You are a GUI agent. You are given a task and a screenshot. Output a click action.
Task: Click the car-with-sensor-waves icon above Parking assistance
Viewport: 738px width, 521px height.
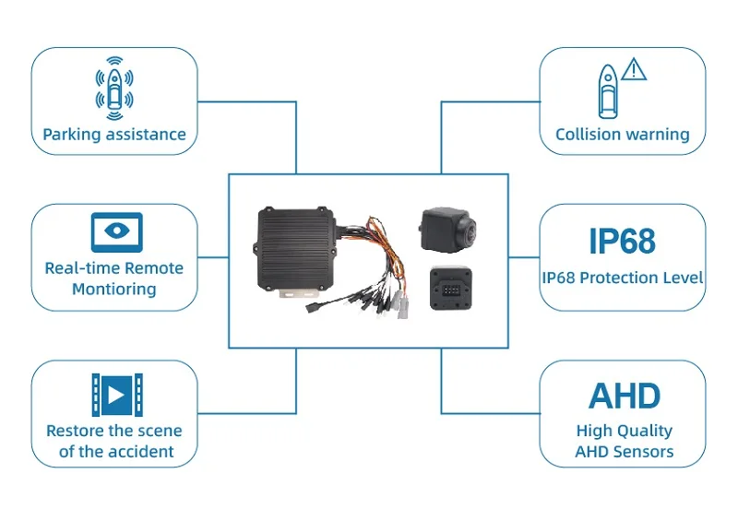pos(114,88)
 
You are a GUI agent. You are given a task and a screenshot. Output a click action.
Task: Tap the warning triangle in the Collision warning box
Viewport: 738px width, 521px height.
pos(634,69)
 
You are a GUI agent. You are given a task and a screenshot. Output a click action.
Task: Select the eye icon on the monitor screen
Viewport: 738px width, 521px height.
pos(117,231)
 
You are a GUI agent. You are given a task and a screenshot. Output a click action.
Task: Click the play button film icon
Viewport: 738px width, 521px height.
pos(117,395)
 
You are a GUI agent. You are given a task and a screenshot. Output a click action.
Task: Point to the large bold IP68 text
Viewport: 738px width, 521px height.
pos(622,241)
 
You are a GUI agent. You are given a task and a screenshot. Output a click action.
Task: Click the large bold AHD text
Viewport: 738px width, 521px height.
pos(625,396)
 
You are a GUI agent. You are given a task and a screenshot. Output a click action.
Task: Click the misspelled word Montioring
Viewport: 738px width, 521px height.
pos(113,289)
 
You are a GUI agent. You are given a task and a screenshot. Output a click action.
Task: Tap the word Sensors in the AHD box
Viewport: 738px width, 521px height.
pos(646,452)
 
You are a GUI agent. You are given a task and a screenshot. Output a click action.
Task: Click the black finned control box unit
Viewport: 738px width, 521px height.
pos(296,249)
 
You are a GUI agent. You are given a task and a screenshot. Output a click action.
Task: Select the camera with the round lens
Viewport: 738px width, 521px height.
pos(446,230)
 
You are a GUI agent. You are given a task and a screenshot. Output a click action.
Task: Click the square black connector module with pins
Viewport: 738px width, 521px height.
pos(451,288)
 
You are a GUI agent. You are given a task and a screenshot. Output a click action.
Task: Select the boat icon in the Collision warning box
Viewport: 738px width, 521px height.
pos(608,91)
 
